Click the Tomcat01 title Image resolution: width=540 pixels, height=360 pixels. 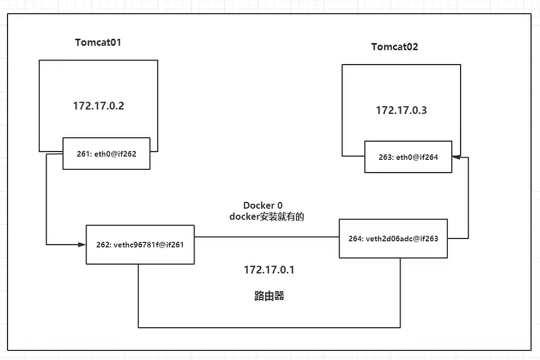[98, 43]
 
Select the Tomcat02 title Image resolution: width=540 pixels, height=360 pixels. [394, 47]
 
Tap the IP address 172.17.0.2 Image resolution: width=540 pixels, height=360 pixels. [98, 106]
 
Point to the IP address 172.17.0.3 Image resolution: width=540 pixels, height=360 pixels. [401, 110]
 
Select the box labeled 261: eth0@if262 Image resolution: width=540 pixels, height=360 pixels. [106, 153]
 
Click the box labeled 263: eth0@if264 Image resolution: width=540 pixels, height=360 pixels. [408, 157]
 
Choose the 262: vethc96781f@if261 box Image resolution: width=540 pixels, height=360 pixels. [140, 244]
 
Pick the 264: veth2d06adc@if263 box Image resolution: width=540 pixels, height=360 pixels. [393, 238]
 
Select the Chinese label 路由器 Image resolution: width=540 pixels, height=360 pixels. [265, 296]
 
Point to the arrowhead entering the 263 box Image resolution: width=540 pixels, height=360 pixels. [456, 157]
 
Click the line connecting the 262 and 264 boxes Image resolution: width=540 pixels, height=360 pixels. [266, 237]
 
